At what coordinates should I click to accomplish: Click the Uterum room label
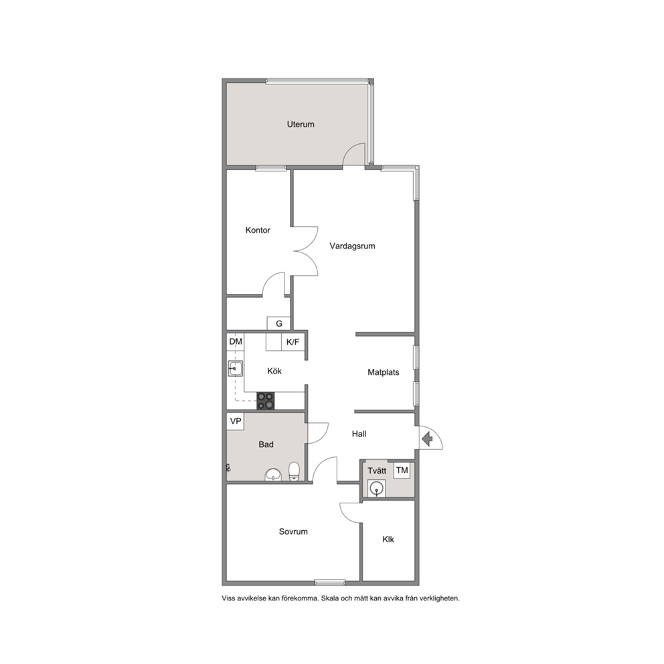[301, 124]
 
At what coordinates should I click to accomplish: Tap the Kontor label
[258, 230]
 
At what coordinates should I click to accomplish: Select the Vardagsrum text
[352, 246]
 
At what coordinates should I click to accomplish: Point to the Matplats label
[384, 373]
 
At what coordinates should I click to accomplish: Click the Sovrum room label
[293, 532]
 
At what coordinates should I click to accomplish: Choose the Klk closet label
[388, 539]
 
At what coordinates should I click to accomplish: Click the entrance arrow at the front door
[428, 438]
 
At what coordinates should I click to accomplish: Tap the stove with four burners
[266, 401]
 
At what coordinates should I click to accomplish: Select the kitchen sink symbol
[235, 368]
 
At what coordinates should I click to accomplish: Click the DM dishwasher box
[236, 342]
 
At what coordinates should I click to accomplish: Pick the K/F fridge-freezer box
[293, 342]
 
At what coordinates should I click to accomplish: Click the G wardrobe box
[278, 323]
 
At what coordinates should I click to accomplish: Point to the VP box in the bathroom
[236, 421]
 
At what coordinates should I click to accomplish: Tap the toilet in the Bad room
[294, 472]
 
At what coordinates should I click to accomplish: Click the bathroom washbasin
[273, 475]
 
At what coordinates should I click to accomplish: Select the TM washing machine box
[402, 470]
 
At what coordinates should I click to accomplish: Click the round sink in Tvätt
[376, 489]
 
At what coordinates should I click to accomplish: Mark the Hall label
[359, 434]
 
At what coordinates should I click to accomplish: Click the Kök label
[274, 371]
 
